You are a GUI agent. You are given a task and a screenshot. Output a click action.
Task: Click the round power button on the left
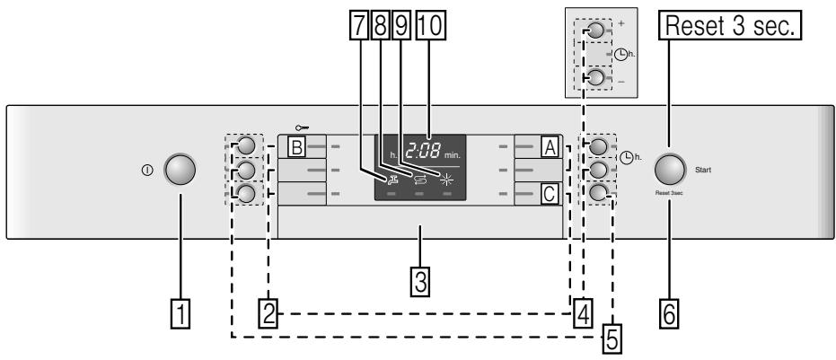click(x=179, y=170)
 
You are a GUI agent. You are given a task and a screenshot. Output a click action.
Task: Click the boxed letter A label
click(x=550, y=146)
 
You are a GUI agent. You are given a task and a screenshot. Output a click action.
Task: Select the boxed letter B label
click(x=296, y=146)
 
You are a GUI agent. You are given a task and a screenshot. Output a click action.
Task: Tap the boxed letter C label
click(x=550, y=192)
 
